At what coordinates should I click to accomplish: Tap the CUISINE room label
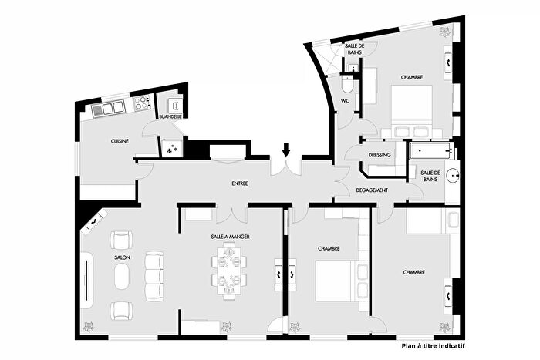[120, 141]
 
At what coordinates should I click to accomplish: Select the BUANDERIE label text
[169, 116]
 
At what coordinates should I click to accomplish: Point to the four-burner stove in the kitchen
[141, 103]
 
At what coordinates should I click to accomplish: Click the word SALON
[123, 259]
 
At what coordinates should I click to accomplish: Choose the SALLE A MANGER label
[231, 237]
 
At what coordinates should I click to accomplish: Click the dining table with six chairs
[229, 270]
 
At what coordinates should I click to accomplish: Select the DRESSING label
[380, 155]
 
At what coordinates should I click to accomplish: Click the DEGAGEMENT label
[371, 190]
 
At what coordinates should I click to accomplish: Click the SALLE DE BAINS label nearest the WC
[355, 49]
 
